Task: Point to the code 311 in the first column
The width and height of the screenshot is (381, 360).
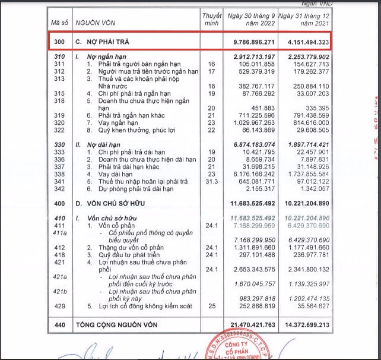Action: [58, 63]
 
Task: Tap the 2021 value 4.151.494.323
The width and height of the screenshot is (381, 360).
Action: [303, 43]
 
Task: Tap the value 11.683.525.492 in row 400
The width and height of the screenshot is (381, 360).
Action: [248, 204]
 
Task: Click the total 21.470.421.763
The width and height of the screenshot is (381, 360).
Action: [248, 326]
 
